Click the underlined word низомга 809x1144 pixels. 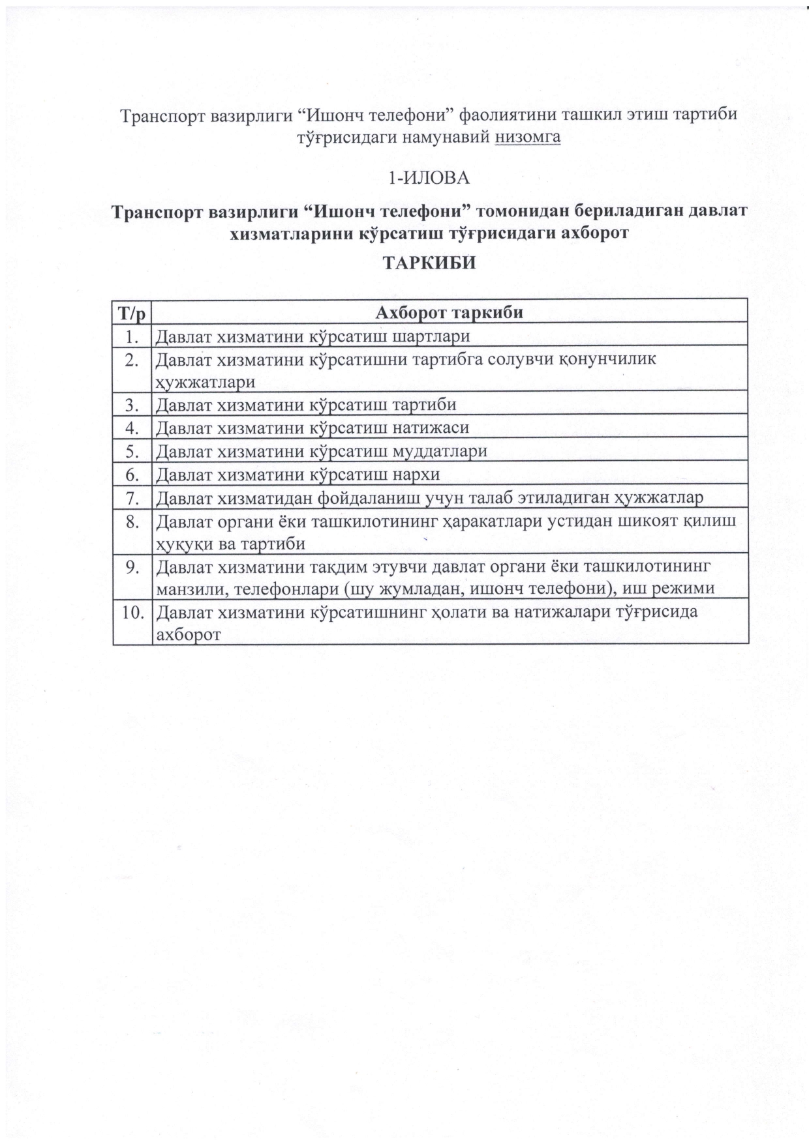pyautogui.click(x=528, y=138)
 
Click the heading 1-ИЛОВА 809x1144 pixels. pyautogui.click(x=429, y=177)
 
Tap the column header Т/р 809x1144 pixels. pyautogui.click(x=132, y=312)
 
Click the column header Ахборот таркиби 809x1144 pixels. pyautogui.click(x=450, y=312)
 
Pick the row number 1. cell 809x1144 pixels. pyautogui.click(x=133, y=336)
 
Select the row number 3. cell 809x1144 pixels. pyautogui.click(x=133, y=405)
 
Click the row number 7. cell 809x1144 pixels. pyautogui.click(x=133, y=498)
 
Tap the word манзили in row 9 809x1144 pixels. pyautogui.click(x=192, y=589)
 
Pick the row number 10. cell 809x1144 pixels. pyautogui.click(x=132, y=613)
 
